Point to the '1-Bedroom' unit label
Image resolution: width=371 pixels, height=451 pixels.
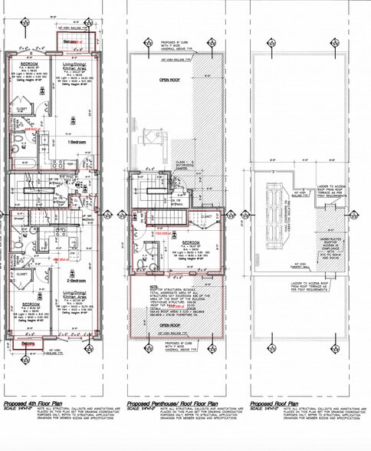coord(76,143)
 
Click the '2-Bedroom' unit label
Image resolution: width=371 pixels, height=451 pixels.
coord(76,272)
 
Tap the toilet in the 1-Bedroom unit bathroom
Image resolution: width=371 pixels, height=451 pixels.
coord(18,138)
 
